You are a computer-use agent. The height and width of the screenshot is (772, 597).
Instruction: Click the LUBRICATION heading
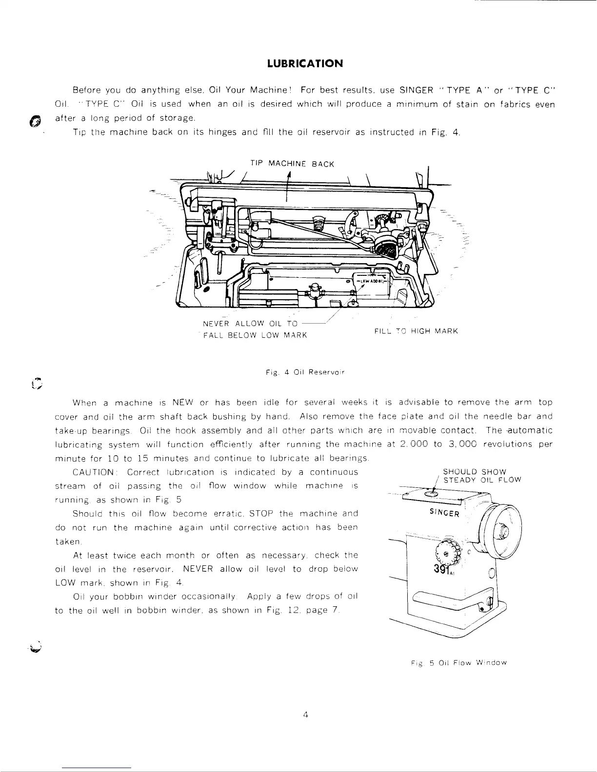click(x=305, y=64)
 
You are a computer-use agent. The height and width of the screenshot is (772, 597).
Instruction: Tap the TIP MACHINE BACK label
click(x=292, y=164)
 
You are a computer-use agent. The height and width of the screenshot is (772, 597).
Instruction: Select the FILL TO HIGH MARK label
click(x=416, y=331)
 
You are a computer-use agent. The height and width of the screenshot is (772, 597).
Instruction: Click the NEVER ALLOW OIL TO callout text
click(x=250, y=324)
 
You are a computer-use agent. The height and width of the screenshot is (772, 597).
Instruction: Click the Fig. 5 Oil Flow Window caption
click(x=458, y=662)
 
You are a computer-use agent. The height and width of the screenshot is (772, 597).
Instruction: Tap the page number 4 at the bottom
click(x=305, y=715)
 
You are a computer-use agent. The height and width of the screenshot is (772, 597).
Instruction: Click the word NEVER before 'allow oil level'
click(x=196, y=569)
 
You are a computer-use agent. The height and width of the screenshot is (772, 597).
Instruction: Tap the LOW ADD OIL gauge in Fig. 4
click(x=373, y=281)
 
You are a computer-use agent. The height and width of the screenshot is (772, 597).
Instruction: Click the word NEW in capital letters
click(x=183, y=403)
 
